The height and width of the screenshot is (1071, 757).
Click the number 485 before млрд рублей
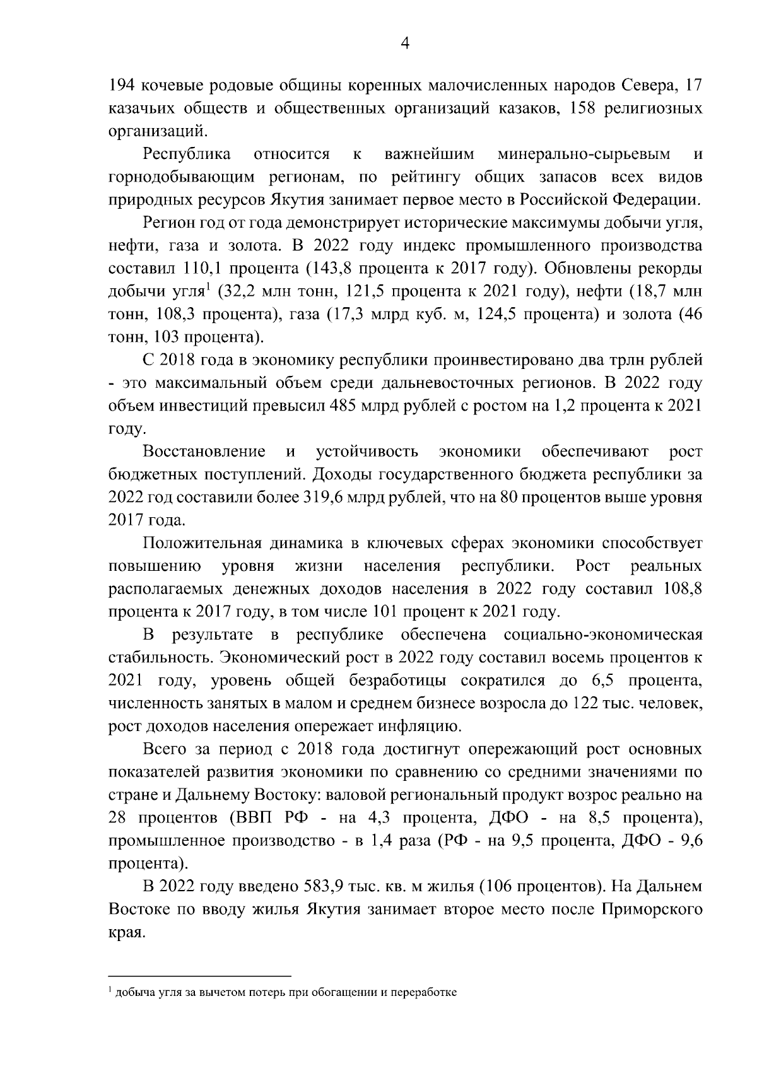tap(342, 406)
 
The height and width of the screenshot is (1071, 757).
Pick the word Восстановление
tap(204, 452)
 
